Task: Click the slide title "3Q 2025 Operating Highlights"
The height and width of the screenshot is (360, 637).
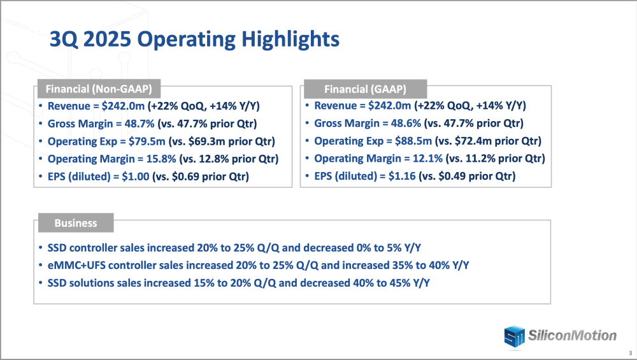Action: (194, 40)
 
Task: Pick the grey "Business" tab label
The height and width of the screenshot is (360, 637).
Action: (75, 223)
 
